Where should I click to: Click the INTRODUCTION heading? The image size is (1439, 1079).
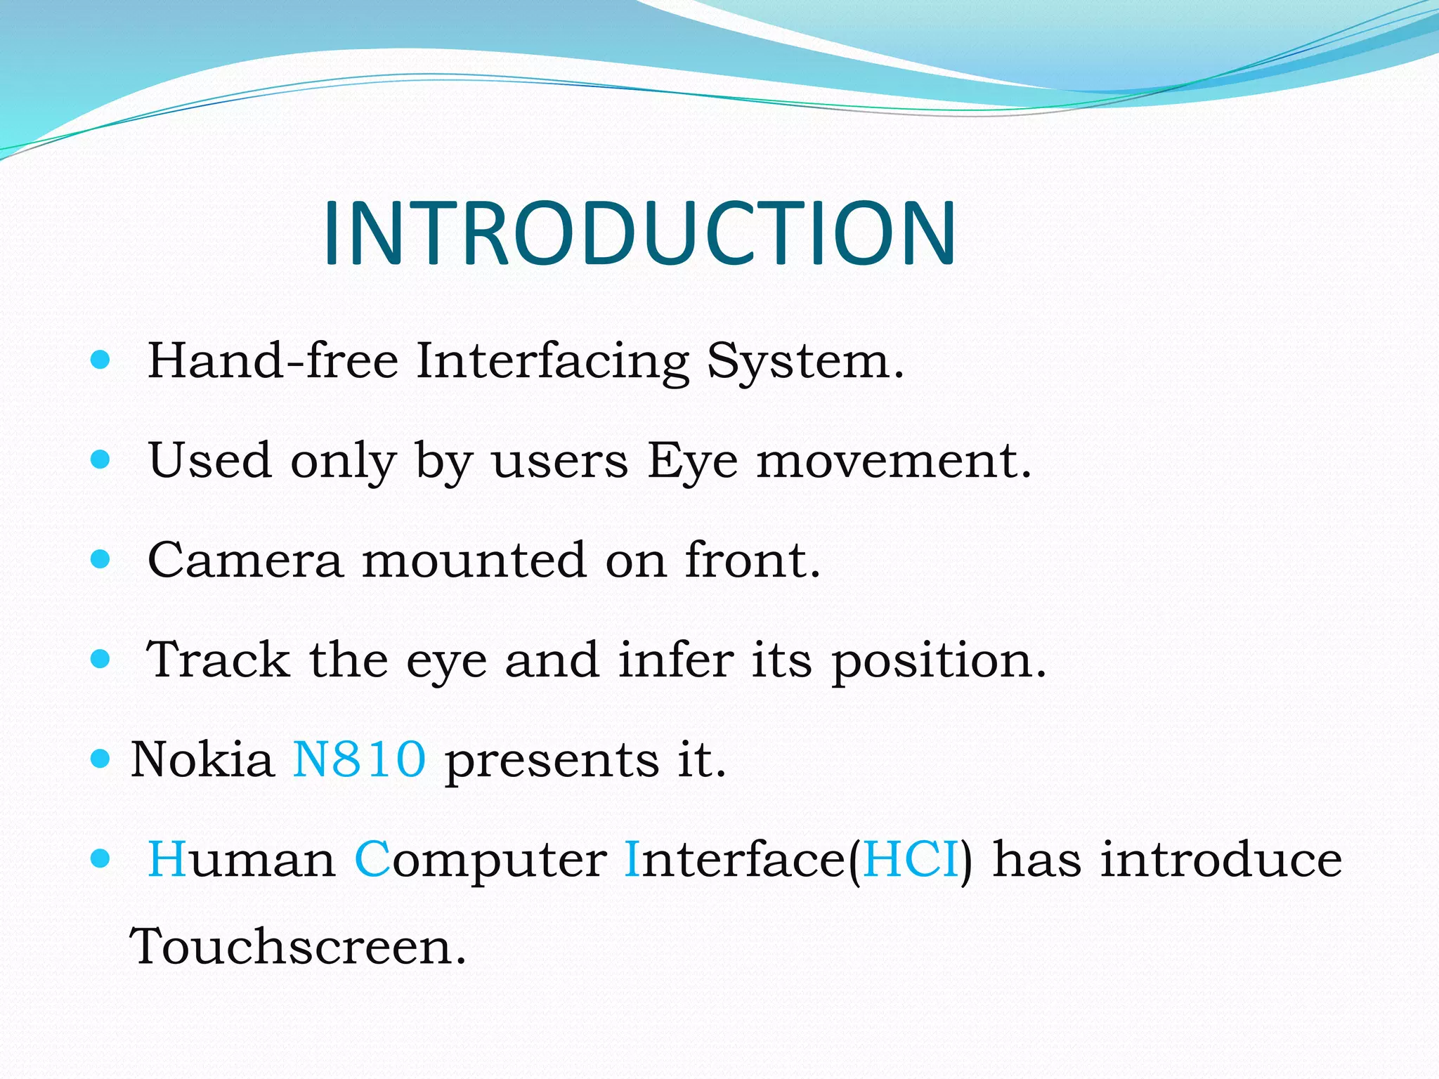[x=639, y=233]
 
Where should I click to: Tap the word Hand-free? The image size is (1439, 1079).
[x=273, y=361]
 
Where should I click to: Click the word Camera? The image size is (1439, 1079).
[x=245, y=561]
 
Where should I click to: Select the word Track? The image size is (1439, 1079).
[x=219, y=660]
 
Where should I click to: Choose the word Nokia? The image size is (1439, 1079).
[x=202, y=760]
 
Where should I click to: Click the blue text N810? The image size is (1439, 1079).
[x=359, y=760]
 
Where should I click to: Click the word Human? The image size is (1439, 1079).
[x=242, y=860]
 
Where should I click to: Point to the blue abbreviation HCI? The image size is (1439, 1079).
[x=911, y=860]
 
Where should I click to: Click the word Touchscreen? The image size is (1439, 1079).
[x=298, y=947]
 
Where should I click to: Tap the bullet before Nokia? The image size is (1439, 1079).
[x=101, y=759]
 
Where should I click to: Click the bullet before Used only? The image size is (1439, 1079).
[x=101, y=460]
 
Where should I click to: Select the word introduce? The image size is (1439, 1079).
[x=1220, y=860]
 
